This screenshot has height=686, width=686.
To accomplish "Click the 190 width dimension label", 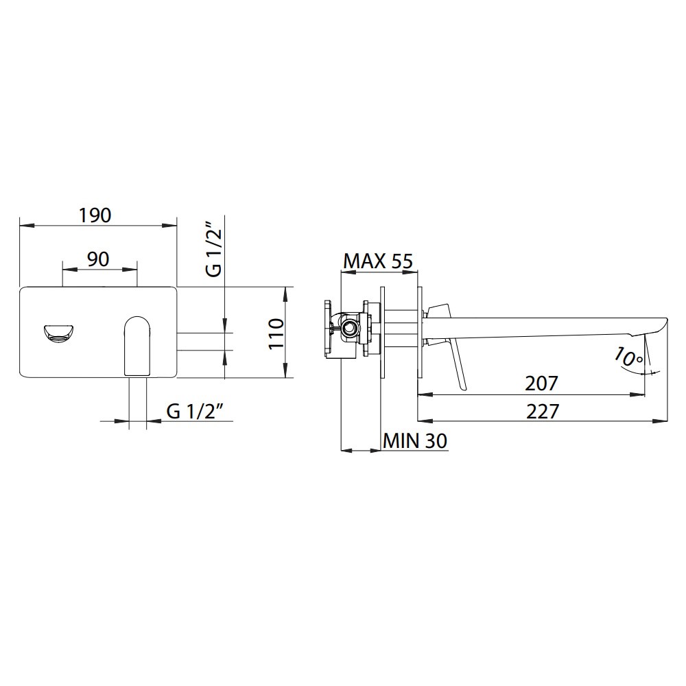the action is coord(95,215).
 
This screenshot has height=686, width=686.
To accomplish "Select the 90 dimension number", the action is coord(98,259).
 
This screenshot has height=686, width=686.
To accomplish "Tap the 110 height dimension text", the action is coord(276,333).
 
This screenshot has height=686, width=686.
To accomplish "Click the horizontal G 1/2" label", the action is coord(196,411).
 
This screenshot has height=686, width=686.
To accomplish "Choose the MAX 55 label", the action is coord(378,261).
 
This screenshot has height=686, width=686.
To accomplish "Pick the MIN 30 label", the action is coord(415,440).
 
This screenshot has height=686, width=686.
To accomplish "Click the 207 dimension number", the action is coord(542,383).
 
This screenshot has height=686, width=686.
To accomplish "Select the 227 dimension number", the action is coord(543,412).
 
